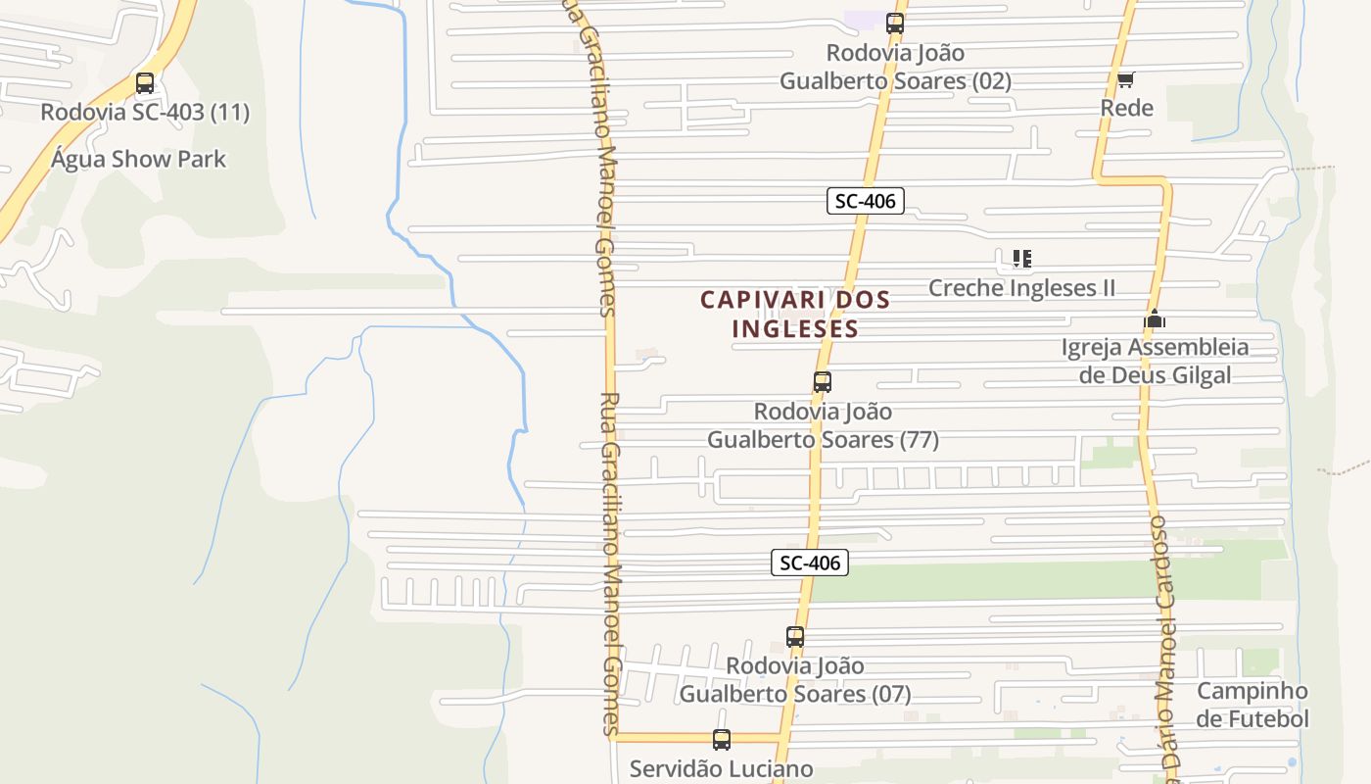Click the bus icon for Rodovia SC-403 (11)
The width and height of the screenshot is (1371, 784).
coord(145,83)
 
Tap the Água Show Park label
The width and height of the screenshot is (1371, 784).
coord(138,159)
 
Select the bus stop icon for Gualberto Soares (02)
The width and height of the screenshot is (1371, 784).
coord(894,24)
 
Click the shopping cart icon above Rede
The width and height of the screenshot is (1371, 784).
coord(1126,79)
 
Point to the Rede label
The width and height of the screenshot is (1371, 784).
coord(1127,108)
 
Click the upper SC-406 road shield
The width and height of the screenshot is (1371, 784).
coord(865,202)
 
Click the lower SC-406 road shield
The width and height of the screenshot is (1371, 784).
coord(810,563)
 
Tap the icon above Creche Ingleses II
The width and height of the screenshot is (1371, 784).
coord(1021,259)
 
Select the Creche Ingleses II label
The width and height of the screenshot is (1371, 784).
coord(1021,288)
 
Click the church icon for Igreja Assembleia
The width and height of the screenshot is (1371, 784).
coord(1155,318)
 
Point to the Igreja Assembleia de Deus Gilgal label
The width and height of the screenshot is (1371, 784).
coord(1155,361)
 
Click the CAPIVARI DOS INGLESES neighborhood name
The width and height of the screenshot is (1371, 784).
coord(795,314)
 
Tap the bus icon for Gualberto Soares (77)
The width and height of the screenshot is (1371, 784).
coord(823,382)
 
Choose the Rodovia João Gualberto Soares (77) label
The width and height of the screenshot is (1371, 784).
coord(823,425)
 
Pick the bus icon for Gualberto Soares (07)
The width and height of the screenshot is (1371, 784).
coord(795,637)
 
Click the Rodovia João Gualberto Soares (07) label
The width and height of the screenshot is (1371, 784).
coord(795,680)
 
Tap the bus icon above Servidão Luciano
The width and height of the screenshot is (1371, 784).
coord(722,740)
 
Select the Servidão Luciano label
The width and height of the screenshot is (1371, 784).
coord(722,768)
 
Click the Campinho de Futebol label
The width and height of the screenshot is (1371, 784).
coord(1252,705)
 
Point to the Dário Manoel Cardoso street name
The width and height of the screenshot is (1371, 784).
coord(1165,647)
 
